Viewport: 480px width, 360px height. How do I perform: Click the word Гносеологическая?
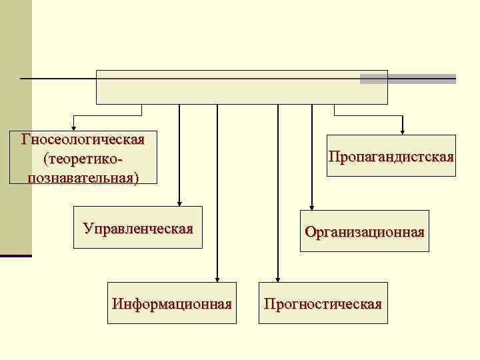click(x=83, y=141)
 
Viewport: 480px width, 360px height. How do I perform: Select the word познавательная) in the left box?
click(x=83, y=177)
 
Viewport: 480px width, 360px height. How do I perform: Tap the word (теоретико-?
click(x=83, y=159)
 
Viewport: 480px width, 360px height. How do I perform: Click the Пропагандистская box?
click(x=391, y=157)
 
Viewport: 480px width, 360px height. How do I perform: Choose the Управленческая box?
click(x=138, y=229)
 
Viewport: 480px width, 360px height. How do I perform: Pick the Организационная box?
click(x=364, y=231)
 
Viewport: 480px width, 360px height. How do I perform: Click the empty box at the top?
click(x=241, y=87)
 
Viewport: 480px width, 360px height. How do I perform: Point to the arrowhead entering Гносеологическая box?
click(x=74, y=127)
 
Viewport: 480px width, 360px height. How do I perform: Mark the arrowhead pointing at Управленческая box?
click(x=179, y=204)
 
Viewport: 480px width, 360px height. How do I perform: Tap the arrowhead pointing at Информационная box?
click(x=217, y=279)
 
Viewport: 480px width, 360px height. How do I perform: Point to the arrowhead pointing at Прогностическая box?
click(x=278, y=279)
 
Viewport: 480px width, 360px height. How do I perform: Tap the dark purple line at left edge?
click(x=15, y=255)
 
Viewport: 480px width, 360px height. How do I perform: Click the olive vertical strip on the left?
click(x=15, y=133)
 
